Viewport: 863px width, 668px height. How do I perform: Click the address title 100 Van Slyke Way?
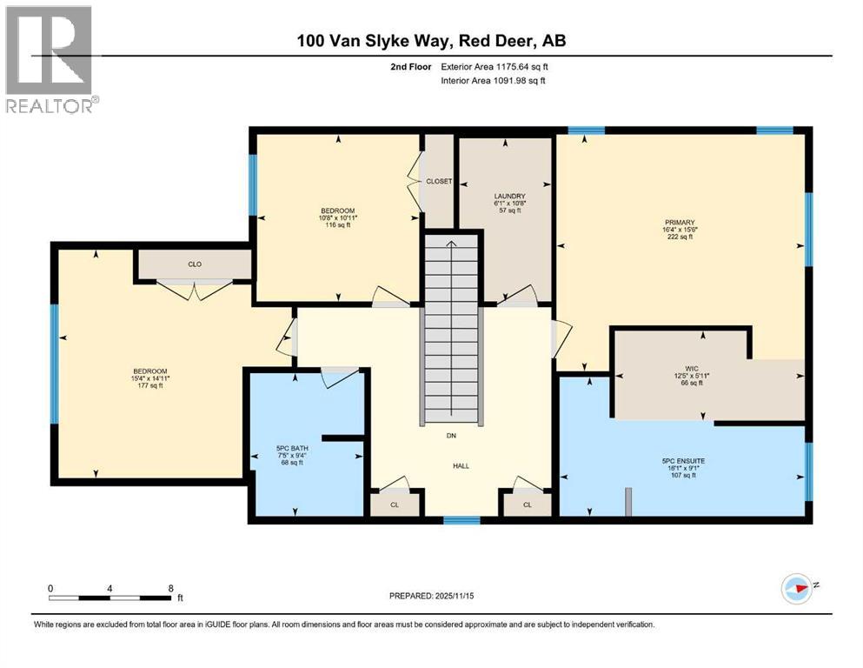coord(430,41)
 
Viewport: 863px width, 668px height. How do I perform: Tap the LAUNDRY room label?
coord(505,196)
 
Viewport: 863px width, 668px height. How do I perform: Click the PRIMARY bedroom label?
coord(680,223)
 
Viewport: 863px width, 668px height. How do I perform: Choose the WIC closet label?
coord(692,368)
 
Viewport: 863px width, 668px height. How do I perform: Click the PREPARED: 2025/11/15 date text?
coord(431,597)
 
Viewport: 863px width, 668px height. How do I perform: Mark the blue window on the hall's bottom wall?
coord(461,520)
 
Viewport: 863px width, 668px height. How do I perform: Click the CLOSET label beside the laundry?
coord(439,181)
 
